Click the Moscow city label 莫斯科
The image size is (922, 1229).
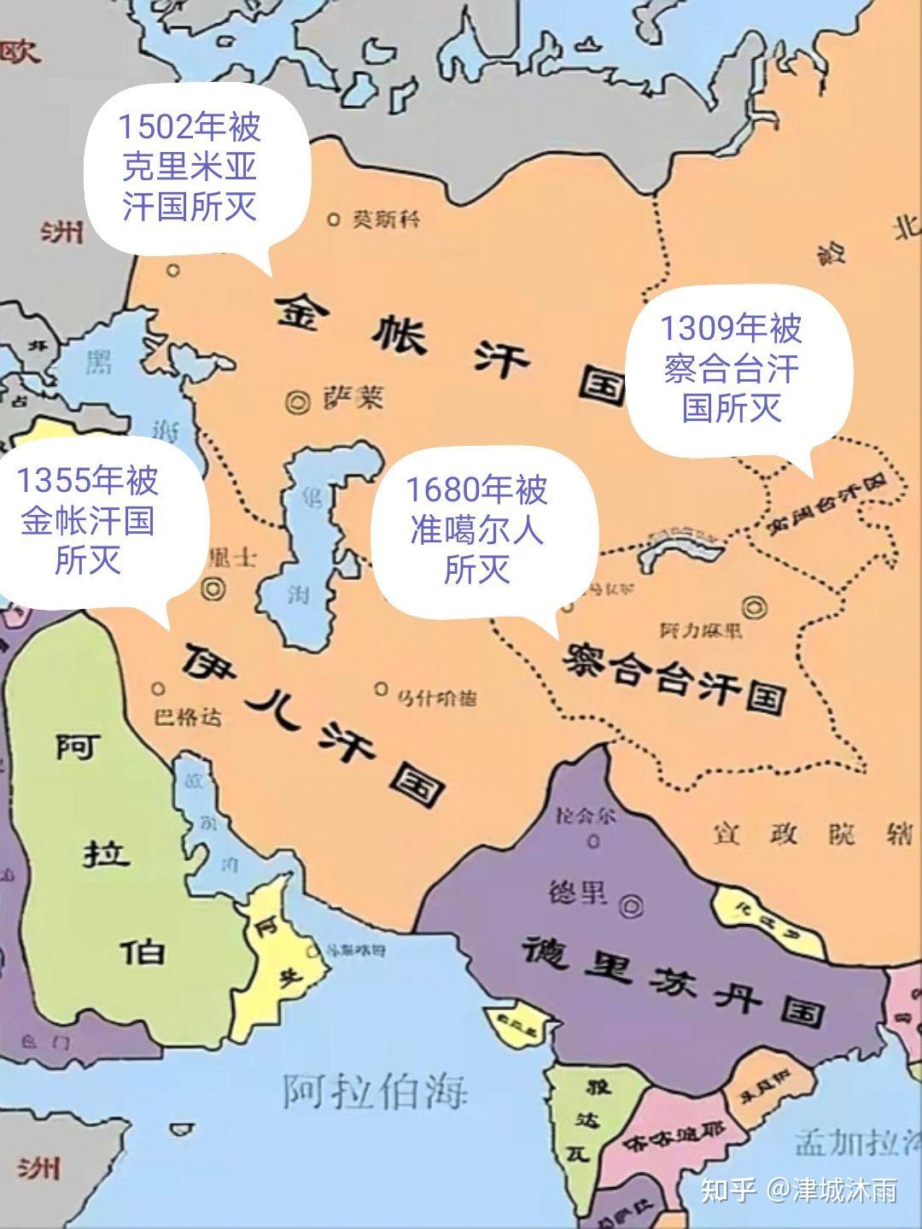[x=386, y=219]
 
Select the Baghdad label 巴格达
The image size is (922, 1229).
[x=189, y=715]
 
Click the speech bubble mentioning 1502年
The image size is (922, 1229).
[x=190, y=167]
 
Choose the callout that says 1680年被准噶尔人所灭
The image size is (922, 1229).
[x=476, y=530]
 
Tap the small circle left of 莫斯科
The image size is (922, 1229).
[x=333, y=219]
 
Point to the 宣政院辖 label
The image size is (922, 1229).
[x=812, y=834]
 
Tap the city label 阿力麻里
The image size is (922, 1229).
[x=701, y=630]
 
